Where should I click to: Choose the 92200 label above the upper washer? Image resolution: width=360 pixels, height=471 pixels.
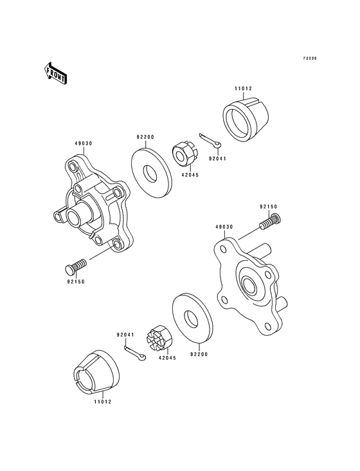(144, 137)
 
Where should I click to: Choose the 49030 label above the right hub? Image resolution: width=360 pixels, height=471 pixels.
(224, 226)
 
